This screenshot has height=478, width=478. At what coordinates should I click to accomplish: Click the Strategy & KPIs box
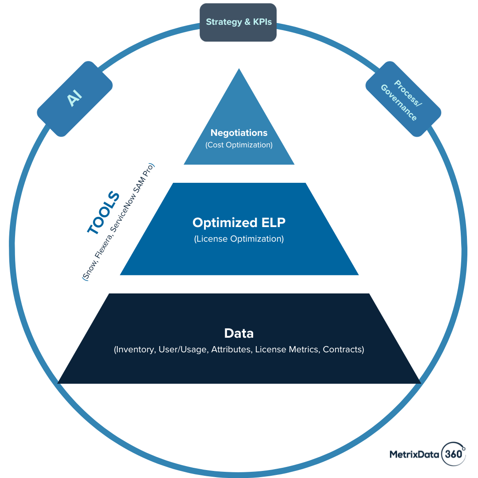coord(238,22)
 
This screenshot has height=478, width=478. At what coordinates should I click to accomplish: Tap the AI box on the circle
coord(75,99)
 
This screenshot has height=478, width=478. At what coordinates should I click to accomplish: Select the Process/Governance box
coord(403,99)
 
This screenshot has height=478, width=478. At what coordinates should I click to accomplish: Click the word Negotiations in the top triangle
coord(239,133)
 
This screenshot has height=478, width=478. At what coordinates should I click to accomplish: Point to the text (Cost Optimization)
coord(239,145)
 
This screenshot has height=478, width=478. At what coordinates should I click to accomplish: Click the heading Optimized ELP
coord(239,223)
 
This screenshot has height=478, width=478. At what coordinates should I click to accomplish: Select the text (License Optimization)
coord(239,239)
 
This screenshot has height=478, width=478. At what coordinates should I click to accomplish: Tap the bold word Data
coord(239,333)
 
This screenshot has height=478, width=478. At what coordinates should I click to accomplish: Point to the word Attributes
coord(231,349)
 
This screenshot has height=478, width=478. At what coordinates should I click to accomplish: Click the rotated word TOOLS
coord(104,212)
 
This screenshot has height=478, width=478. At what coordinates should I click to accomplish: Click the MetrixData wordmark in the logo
coord(414,455)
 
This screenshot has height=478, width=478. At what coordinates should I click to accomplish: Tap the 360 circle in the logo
coord(454,454)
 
